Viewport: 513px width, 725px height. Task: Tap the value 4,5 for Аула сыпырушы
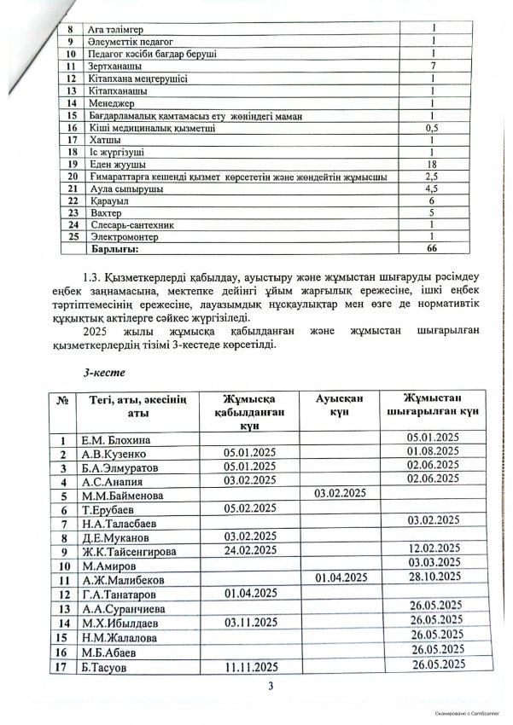pos(434,187)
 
